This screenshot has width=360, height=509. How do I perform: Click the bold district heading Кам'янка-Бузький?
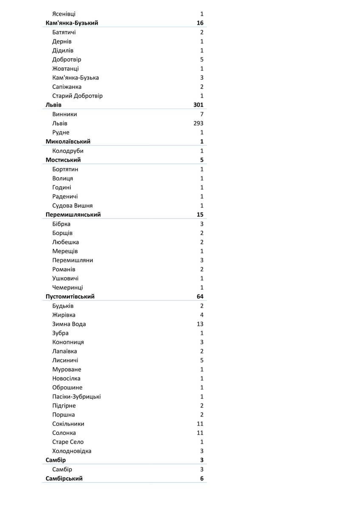72,23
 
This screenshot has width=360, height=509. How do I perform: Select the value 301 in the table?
198,105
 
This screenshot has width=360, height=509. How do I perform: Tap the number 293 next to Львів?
198,123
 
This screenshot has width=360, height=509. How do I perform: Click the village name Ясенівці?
64,14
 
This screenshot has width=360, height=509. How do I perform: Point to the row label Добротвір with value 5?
67,59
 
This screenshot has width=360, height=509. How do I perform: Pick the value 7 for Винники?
202,114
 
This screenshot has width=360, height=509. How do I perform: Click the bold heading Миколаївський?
68,141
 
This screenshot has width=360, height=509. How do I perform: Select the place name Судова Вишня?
73,205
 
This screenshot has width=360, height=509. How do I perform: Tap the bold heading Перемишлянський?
73,215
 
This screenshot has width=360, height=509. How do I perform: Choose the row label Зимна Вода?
69,324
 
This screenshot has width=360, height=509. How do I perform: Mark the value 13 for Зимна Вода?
200,324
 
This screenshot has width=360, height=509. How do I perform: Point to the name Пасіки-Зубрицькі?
76,397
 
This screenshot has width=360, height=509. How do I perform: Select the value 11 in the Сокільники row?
200,424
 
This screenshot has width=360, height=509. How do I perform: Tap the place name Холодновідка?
72,451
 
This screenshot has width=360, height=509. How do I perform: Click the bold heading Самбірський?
64,478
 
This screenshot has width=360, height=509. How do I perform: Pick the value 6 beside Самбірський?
202,478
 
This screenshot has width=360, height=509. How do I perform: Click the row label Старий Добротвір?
77,96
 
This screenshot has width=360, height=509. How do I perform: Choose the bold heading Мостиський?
63,160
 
